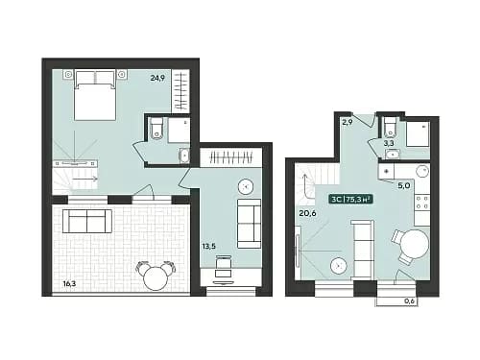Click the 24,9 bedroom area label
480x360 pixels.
click(157, 78)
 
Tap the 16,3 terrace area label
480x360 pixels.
click(70, 283)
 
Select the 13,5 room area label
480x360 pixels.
click(208, 246)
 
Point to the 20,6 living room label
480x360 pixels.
click(307, 213)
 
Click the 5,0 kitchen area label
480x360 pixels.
click(404, 185)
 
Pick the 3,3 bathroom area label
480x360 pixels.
click(389, 144)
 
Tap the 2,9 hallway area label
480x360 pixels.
click(348, 122)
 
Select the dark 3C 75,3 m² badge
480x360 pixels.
click(351, 200)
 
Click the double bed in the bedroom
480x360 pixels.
click(95, 95)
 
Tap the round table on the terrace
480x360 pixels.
click(156, 278)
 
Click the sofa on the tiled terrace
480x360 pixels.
click(87, 221)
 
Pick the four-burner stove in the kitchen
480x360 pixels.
click(421, 203)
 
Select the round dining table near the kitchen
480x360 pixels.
click(415, 246)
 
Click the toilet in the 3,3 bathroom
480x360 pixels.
click(390, 127)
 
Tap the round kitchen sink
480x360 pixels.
click(422, 172)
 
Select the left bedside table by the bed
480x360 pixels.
click(68, 75)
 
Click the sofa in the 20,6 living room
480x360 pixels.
click(363, 250)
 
